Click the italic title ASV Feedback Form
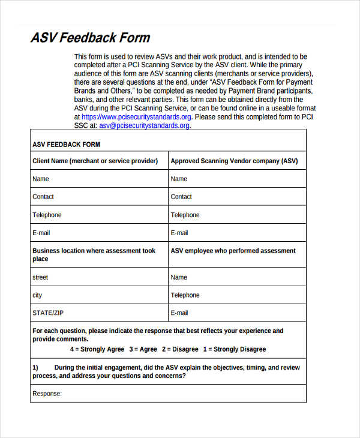(x=90, y=38)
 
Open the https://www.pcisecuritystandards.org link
(x=136, y=117)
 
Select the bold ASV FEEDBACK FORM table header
(x=66, y=145)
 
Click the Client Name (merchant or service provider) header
(x=95, y=161)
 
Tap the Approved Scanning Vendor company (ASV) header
(x=234, y=161)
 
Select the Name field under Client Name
(x=41, y=179)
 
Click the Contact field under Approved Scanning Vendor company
(x=181, y=197)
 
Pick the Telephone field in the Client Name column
(x=47, y=215)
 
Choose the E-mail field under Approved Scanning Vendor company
(x=179, y=233)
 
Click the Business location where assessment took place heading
(x=94, y=255)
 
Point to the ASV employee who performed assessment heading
(x=233, y=251)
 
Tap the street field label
(x=40, y=277)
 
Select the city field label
(x=37, y=295)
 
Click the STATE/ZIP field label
(x=47, y=313)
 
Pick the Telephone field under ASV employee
(x=185, y=295)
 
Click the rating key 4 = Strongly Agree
(x=97, y=349)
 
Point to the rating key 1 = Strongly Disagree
(x=235, y=349)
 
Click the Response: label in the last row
(x=47, y=394)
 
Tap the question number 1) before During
(x=35, y=367)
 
